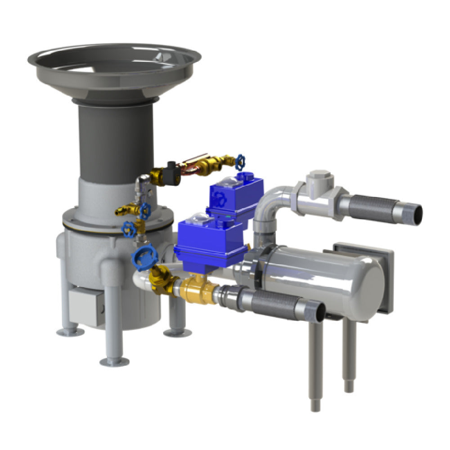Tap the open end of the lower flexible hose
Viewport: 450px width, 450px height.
pyautogui.click(x=318, y=312)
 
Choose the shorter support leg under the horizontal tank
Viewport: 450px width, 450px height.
pyautogui.click(x=348, y=355)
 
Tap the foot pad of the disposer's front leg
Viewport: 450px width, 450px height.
pyautogui.click(x=114, y=361)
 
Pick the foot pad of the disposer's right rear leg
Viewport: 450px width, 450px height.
pyautogui.click(x=176, y=333)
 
